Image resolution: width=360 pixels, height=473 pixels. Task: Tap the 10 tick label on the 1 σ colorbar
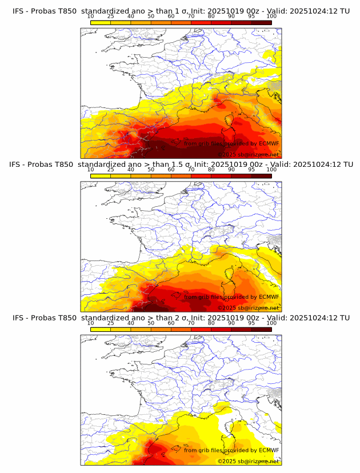point(91,17)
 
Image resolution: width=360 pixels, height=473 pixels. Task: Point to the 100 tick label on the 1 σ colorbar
point(271,17)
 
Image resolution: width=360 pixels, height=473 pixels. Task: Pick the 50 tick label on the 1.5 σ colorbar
point(151,170)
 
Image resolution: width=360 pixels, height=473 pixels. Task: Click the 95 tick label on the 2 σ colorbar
point(251,323)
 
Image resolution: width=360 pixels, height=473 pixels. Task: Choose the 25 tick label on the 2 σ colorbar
point(111,323)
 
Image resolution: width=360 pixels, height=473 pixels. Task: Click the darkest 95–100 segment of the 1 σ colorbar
point(261,22)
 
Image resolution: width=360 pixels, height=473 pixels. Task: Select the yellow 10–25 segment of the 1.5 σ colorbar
point(101,175)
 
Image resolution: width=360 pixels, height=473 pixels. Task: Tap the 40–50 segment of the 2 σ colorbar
point(141,329)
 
